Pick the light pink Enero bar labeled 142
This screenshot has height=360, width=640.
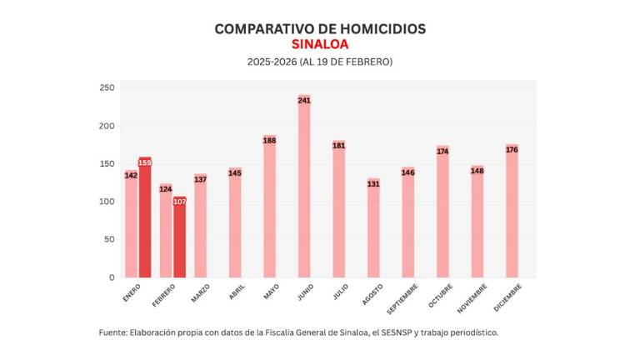(x=131, y=224)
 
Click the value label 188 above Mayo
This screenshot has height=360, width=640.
(x=269, y=141)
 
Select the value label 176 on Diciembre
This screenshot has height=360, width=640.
(x=512, y=150)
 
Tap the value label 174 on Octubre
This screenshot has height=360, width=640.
(x=442, y=152)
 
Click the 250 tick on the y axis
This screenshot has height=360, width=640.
(x=107, y=88)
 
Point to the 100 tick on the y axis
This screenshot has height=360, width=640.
(x=107, y=202)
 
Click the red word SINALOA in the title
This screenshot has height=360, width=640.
(x=320, y=44)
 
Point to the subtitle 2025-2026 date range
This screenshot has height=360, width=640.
(x=320, y=62)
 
